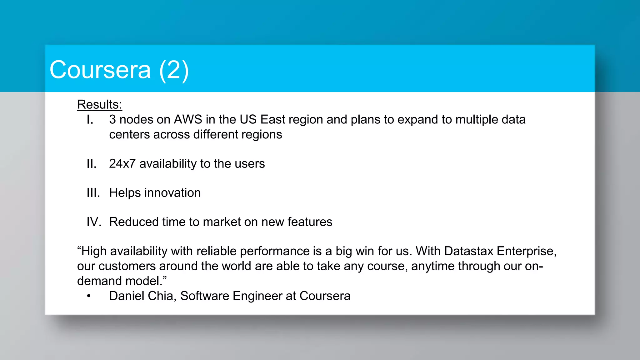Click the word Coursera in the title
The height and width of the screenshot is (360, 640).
click(x=100, y=70)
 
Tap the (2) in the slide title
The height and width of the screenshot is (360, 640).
click(x=174, y=70)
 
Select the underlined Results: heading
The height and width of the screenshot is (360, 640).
click(x=99, y=104)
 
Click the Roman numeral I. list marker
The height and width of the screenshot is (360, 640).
click(x=90, y=120)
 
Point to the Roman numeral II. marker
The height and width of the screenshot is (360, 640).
click(x=92, y=164)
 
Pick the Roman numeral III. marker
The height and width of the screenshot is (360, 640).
click(x=93, y=193)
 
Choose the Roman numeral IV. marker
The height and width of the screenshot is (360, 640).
click(x=94, y=222)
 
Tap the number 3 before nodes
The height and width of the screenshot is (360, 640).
click(x=112, y=120)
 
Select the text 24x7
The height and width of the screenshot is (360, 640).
click(x=122, y=164)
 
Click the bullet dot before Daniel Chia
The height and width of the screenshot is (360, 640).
click(x=89, y=296)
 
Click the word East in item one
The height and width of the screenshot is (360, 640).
click(x=273, y=120)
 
